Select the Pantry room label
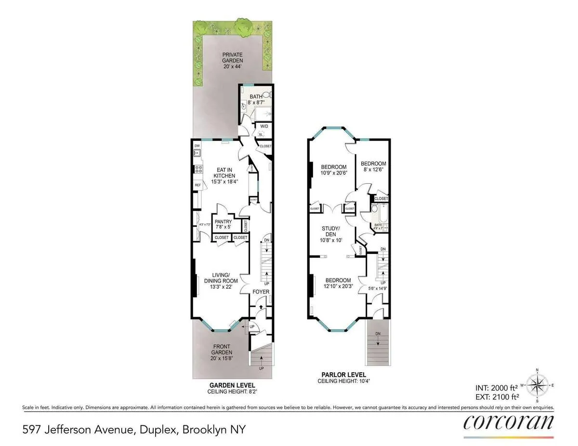[223, 224]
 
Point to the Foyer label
[261, 292]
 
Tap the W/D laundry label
[263, 127]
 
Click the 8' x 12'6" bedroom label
[373, 166]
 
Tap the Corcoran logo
[509, 422]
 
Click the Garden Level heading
[225, 386]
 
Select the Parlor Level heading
[343, 375]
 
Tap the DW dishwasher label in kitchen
[197, 146]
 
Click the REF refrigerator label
[197, 185]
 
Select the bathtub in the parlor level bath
[382, 212]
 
